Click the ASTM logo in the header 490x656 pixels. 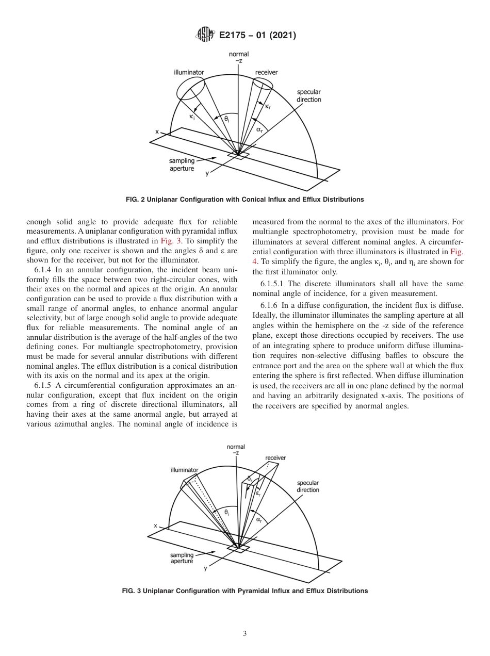205,36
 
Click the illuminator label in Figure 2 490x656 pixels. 189,72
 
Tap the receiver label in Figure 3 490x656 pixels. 275,457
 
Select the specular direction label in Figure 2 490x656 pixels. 309,96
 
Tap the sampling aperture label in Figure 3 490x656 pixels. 182,558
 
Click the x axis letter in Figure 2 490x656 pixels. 157,132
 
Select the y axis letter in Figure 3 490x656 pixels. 206,568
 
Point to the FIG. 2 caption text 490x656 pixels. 244,200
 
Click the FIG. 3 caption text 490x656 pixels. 244,591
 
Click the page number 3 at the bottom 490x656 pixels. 244,634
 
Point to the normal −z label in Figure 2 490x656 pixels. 238,57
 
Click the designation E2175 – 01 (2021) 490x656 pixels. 257,36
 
